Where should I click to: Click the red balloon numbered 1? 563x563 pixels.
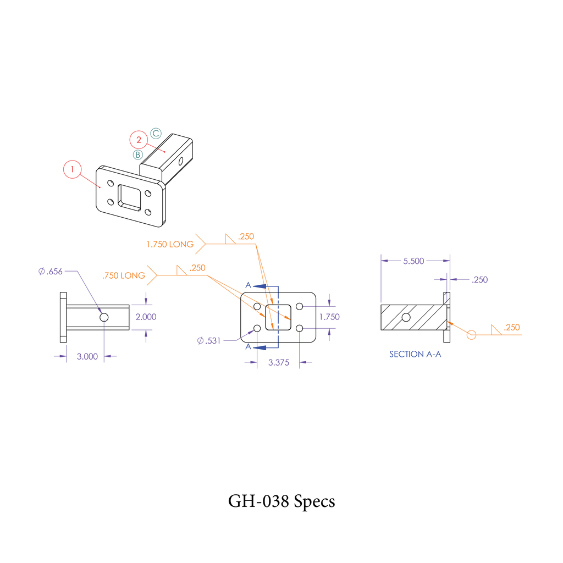(x=72, y=169)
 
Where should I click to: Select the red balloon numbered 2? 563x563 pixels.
(x=139, y=140)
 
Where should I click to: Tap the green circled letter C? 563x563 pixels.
(x=156, y=133)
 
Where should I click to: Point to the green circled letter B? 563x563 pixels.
(x=138, y=154)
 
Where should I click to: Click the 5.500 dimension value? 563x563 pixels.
(x=413, y=261)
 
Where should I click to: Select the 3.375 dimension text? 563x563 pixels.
(x=278, y=362)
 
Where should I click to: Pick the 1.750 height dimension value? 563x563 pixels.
(x=329, y=317)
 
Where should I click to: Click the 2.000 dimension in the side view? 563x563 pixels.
(x=146, y=317)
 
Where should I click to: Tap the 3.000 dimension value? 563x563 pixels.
(x=87, y=356)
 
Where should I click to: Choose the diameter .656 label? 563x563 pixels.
(x=51, y=271)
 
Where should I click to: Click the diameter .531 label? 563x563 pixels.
(x=208, y=341)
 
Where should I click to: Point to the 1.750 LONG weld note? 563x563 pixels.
(x=170, y=244)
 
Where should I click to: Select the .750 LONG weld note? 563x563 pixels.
(x=124, y=275)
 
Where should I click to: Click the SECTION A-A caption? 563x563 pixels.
(x=415, y=354)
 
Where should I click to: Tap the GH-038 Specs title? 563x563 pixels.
(x=281, y=501)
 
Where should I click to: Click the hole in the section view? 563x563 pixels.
(x=406, y=317)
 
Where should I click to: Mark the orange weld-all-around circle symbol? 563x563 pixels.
(x=471, y=334)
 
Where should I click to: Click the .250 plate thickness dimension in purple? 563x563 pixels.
(x=479, y=279)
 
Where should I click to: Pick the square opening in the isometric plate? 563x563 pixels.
(x=130, y=196)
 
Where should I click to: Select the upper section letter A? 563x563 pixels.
(x=248, y=285)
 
